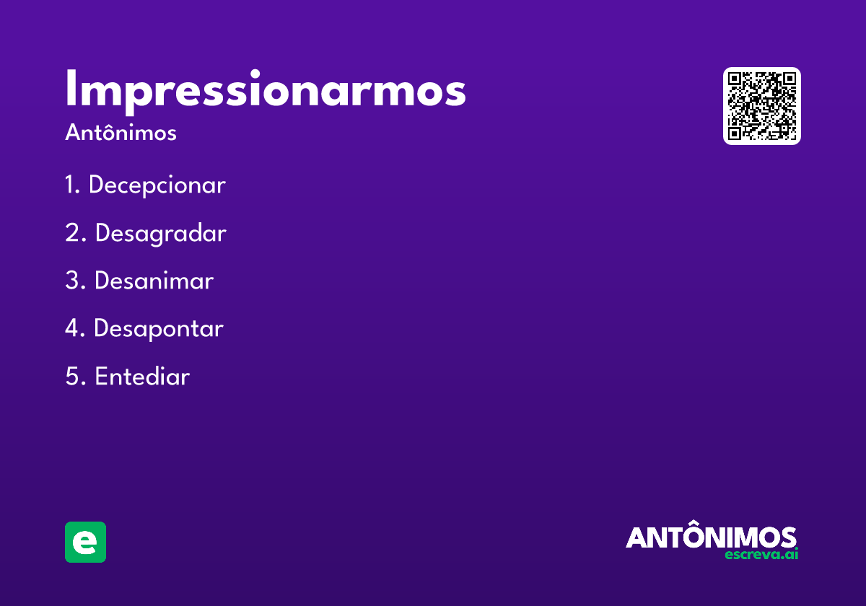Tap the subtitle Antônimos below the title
click(x=121, y=133)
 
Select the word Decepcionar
click(x=157, y=185)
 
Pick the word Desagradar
click(x=160, y=234)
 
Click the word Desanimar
click(x=154, y=281)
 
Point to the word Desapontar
click(x=159, y=329)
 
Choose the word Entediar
click(x=142, y=377)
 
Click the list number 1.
click(x=71, y=185)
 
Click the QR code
click(x=762, y=106)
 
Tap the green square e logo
click(x=85, y=542)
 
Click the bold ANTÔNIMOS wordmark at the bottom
click(x=711, y=537)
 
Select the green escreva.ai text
click(x=761, y=555)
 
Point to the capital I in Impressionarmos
click(x=70, y=89)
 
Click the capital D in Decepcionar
click(x=97, y=185)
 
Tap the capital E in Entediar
click(x=102, y=377)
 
